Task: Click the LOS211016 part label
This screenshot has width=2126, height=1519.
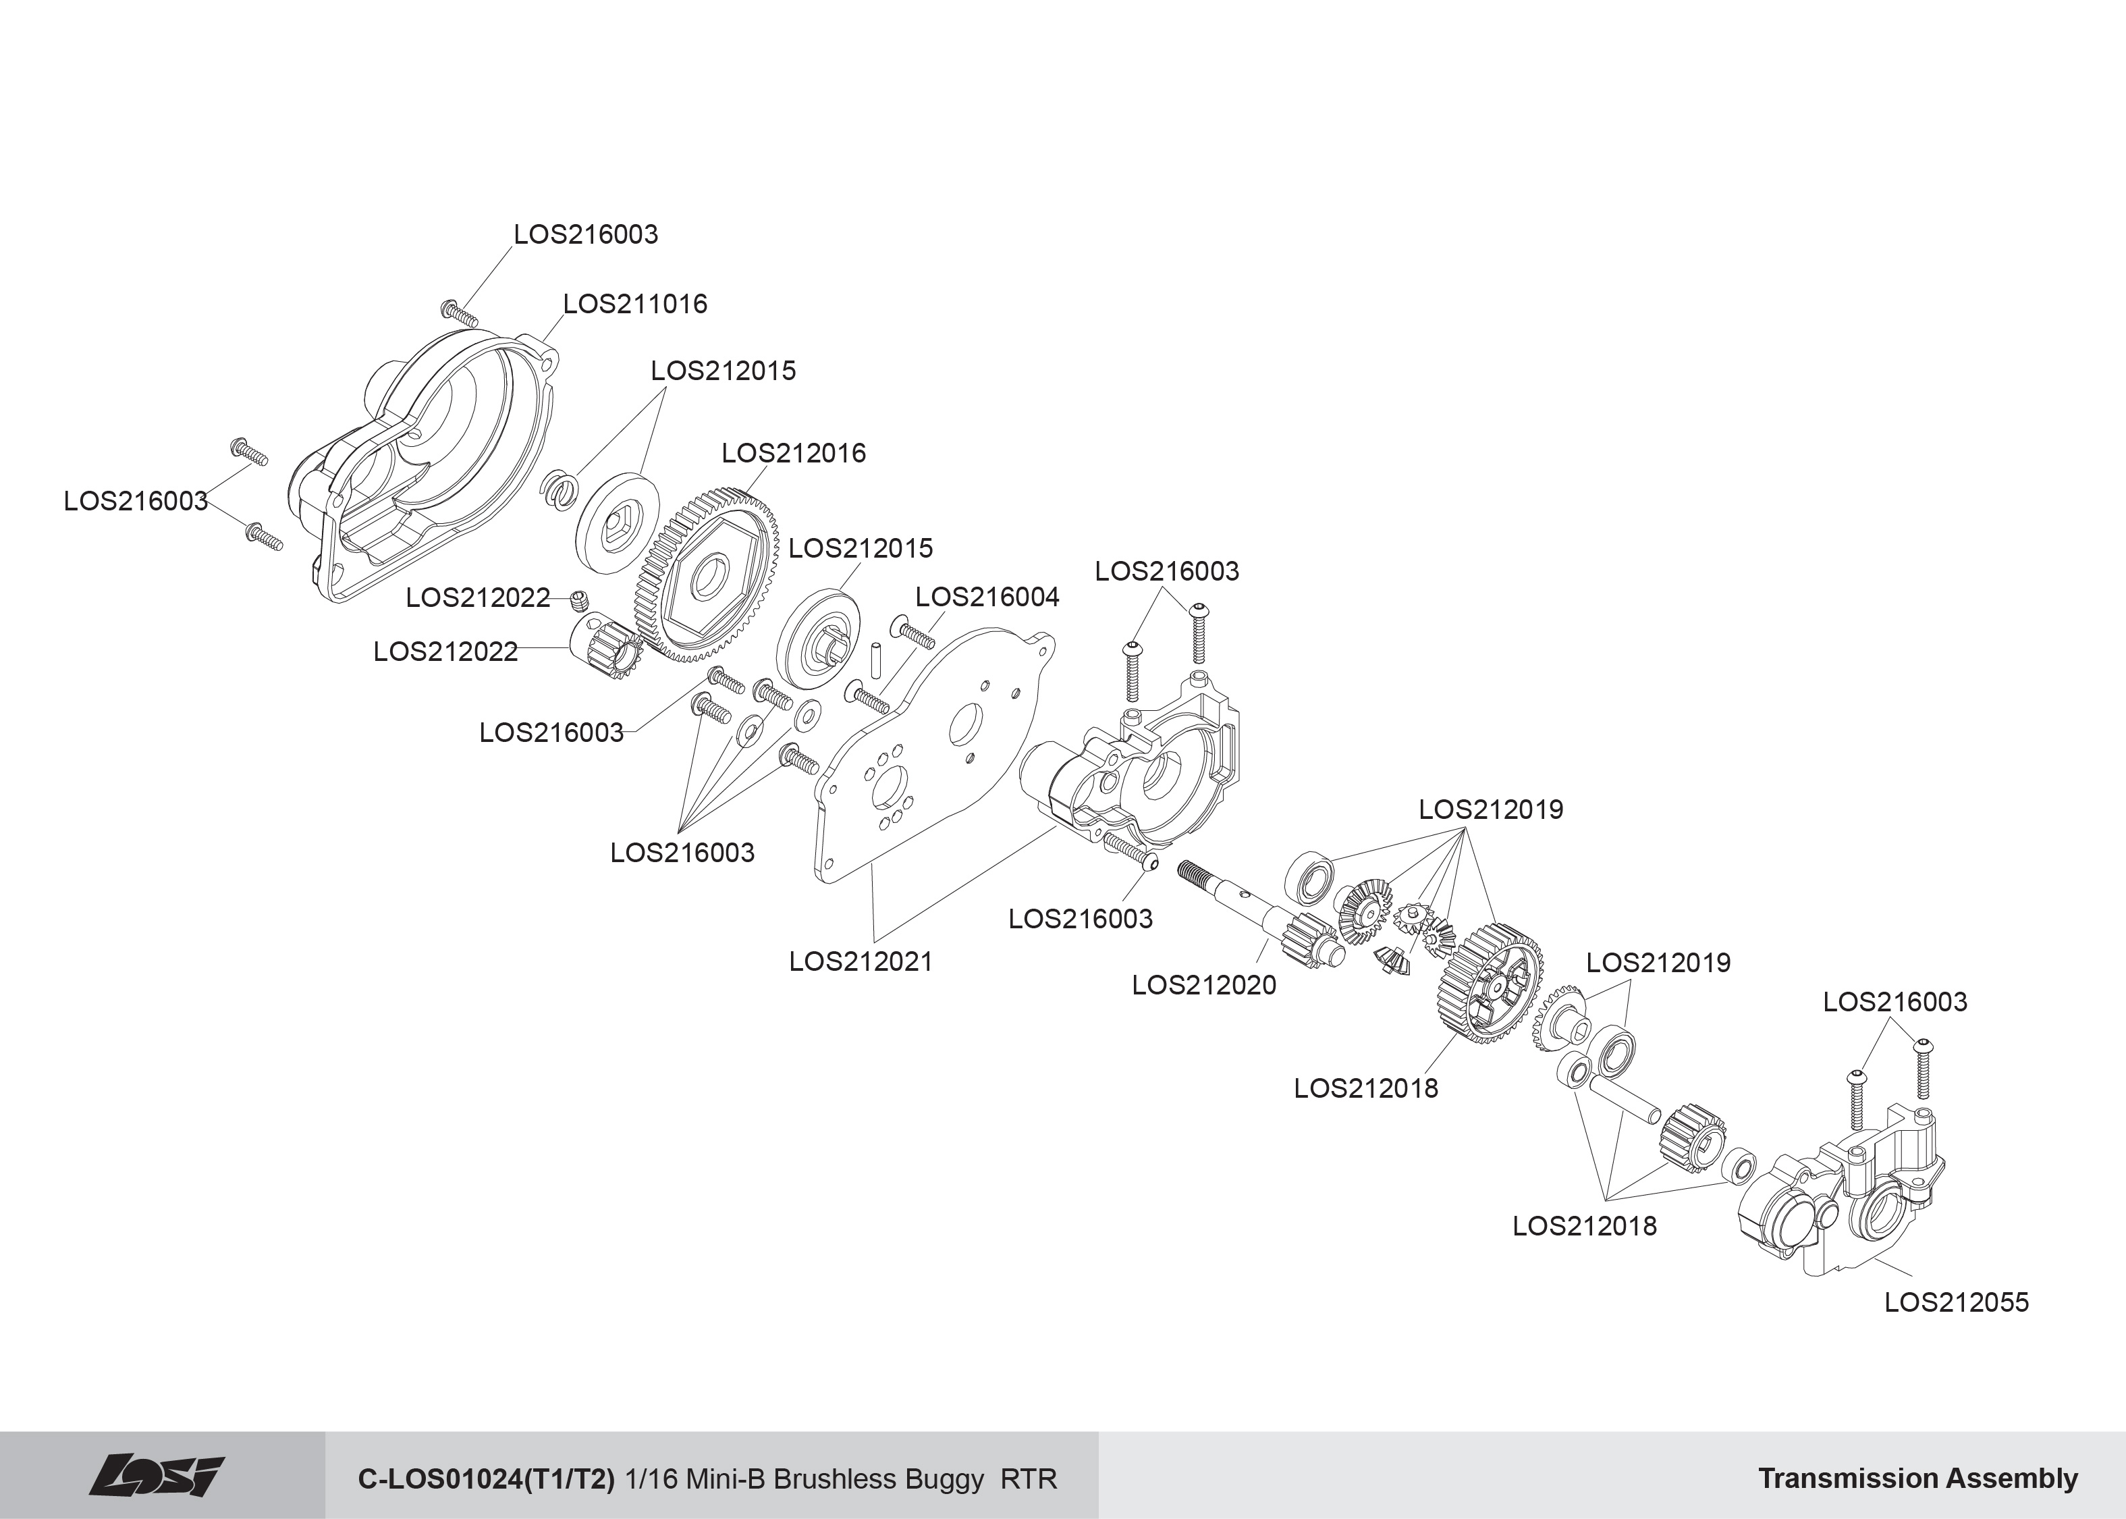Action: pyautogui.click(x=635, y=304)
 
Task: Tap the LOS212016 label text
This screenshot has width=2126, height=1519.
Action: pyautogui.click(x=793, y=453)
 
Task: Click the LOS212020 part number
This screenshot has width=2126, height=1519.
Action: pyautogui.click(x=1203, y=985)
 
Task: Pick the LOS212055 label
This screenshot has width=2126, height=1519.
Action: pyautogui.click(x=1956, y=1302)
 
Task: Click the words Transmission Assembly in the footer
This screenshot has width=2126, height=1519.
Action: pyautogui.click(x=1917, y=1478)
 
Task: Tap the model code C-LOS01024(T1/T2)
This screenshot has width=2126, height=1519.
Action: pyautogui.click(x=486, y=1478)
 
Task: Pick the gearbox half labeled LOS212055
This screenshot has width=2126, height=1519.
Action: pyautogui.click(x=1832, y=1206)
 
